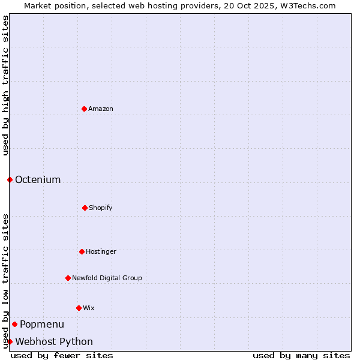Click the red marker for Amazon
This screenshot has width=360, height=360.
tap(84, 109)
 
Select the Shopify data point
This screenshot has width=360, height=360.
tap(85, 208)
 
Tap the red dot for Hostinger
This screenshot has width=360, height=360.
tap(82, 251)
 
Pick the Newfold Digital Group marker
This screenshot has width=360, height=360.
tap(68, 278)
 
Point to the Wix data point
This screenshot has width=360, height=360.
tap(79, 308)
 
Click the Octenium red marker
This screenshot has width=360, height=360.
tap(10, 179)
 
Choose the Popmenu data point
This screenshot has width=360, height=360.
tap(14, 324)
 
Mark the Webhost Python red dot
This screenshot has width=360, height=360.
tap(10, 341)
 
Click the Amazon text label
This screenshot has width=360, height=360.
tap(101, 109)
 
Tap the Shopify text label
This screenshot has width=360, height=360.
tap(101, 208)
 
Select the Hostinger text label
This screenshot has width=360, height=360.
tap(101, 251)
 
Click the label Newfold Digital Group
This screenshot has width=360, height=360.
tap(107, 278)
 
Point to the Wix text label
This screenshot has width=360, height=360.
tap(89, 308)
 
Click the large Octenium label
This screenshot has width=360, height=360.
tap(38, 179)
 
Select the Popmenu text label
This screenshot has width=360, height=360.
tap(42, 324)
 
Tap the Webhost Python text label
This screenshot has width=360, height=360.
tap(54, 341)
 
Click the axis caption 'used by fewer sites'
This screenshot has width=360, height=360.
tap(62, 355)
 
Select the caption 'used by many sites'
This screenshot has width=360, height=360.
tap(301, 355)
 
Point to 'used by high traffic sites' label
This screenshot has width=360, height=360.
tap(5, 85)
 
